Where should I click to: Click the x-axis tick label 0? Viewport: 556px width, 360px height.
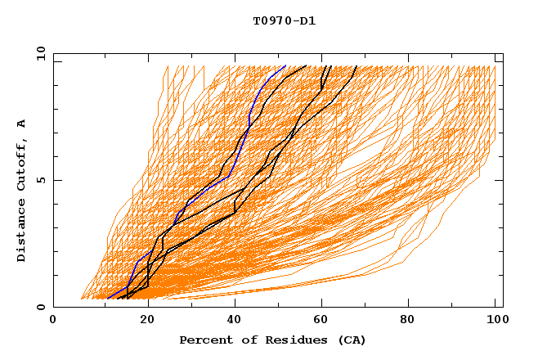53,321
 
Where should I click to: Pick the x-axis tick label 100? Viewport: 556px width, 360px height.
495,321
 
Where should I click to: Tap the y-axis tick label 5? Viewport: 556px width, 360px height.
40,179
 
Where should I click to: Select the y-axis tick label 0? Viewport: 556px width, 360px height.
40,307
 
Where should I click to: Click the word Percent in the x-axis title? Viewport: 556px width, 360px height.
205,340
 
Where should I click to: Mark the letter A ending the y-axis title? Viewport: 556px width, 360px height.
22,123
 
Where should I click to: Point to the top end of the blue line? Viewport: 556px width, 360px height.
285,66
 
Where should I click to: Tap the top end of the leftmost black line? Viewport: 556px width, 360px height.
306,66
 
